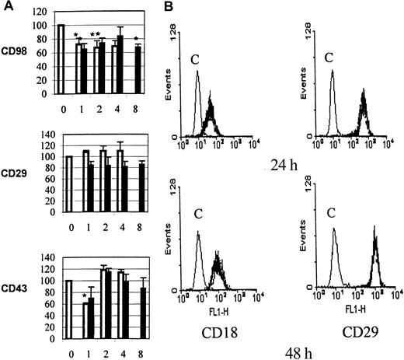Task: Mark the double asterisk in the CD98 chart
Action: pos(97,36)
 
